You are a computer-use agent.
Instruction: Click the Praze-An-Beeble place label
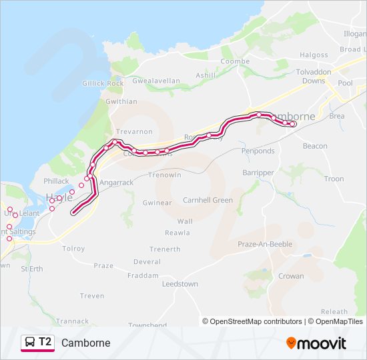(x=265, y=244)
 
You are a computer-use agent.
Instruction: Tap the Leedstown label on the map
(x=180, y=283)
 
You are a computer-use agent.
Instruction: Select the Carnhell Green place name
(x=208, y=200)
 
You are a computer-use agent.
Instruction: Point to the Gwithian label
(x=121, y=101)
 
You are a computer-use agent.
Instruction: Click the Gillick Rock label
(x=103, y=83)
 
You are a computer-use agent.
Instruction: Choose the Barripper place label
(x=259, y=172)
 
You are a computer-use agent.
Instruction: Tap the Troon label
(x=334, y=179)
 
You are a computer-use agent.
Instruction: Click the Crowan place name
(x=291, y=276)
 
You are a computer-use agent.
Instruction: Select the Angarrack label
(x=117, y=182)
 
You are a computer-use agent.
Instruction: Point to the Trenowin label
(x=164, y=175)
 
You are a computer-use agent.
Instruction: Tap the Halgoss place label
(x=314, y=55)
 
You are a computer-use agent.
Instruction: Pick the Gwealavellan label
(x=156, y=81)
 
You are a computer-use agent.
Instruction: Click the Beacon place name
(x=315, y=146)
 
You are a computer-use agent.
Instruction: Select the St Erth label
(x=32, y=269)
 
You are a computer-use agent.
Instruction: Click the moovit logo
(x=316, y=343)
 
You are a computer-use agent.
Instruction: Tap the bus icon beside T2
(x=29, y=343)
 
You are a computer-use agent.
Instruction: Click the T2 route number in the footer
(x=45, y=342)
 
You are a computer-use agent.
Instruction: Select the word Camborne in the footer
(x=85, y=343)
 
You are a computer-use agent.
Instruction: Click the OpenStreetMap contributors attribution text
(x=256, y=321)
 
